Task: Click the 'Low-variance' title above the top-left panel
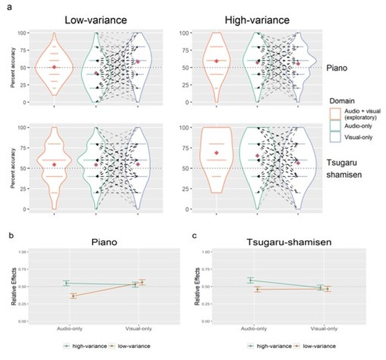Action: tap(96, 20)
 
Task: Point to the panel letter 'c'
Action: tap(196, 236)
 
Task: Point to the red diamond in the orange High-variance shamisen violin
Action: tap(217, 153)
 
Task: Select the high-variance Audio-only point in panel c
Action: tap(252, 280)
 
